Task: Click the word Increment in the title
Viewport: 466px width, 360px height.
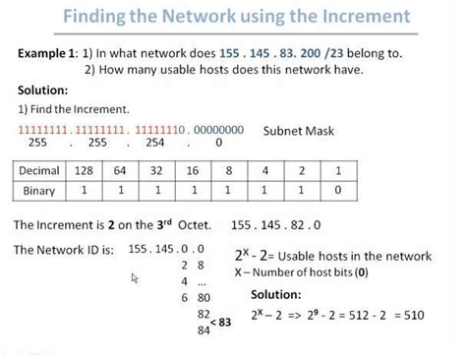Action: tap(358, 18)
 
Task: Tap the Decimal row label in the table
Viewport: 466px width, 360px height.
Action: tap(46, 171)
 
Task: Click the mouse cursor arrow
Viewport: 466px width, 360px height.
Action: tap(135, 279)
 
